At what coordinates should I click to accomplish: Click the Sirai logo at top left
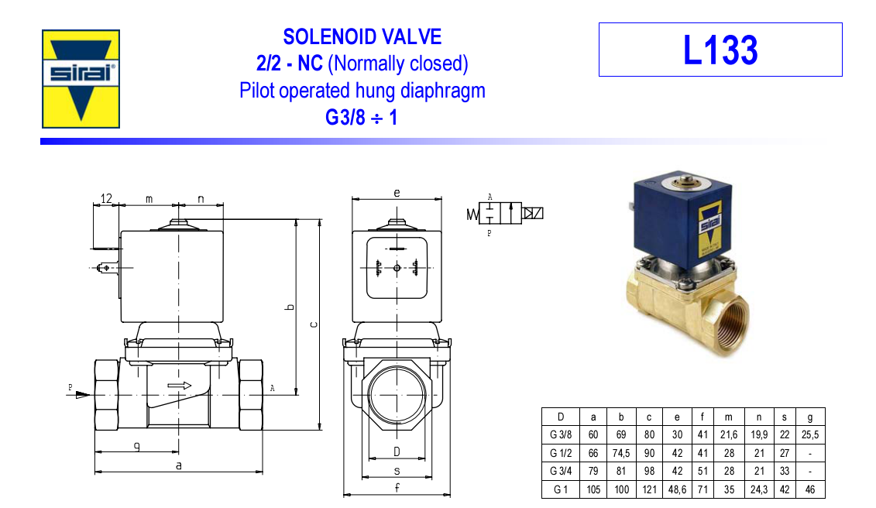tap(81, 78)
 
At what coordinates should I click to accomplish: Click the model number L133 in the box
tap(720, 50)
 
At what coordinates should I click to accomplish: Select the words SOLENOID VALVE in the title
tap(362, 36)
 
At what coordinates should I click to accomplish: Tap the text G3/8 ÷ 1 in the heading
tap(362, 118)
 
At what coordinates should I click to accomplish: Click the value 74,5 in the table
tap(621, 453)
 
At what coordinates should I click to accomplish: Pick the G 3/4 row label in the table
tap(561, 471)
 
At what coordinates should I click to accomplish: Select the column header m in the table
tap(728, 417)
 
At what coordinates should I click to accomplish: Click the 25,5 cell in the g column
tap(809, 435)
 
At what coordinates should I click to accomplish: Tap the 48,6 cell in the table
tap(678, 489)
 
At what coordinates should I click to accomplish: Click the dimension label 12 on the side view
tap(107, 199)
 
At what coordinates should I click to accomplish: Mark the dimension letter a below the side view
tap(179, 465)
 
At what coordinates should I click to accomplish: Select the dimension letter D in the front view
tap(397, 451)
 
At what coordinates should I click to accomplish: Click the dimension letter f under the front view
tap(397, 487)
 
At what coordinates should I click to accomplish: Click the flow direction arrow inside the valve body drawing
tap(179, 385)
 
